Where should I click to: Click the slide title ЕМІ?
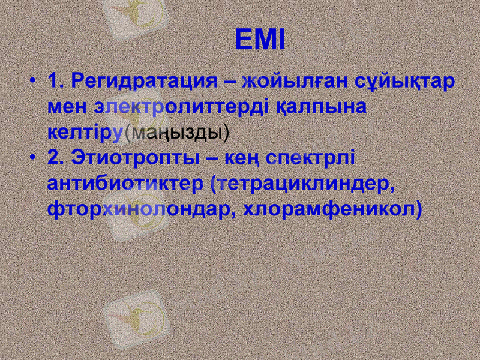click(x=259, y=40)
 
